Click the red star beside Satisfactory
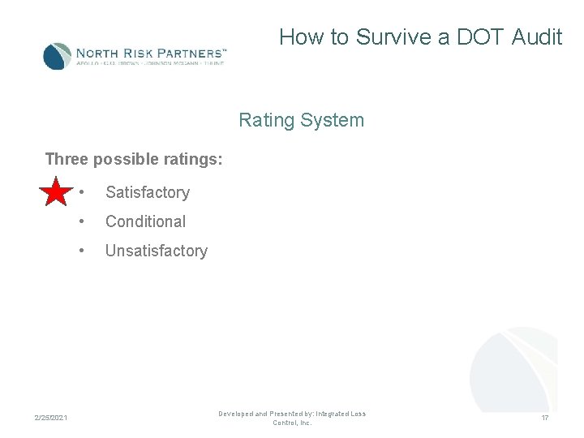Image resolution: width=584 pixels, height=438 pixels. (55, 192)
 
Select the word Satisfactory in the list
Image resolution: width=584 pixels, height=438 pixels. (147, 192)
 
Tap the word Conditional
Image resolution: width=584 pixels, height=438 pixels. (145, 221)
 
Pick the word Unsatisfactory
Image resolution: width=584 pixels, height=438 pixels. (156, 251)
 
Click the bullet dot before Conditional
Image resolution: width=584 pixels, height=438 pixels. (81, 221)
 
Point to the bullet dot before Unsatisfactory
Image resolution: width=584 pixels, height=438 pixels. (81, 251)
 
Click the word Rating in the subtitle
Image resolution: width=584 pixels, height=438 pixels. (266, 121)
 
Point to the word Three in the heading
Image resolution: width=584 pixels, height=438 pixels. (67, 159)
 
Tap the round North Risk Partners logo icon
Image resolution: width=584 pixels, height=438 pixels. (57, 56)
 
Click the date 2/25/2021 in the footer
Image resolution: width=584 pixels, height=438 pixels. (51, 418)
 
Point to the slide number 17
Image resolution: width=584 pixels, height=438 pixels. (545, 418)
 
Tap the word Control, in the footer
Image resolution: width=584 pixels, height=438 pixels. (285, 423)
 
